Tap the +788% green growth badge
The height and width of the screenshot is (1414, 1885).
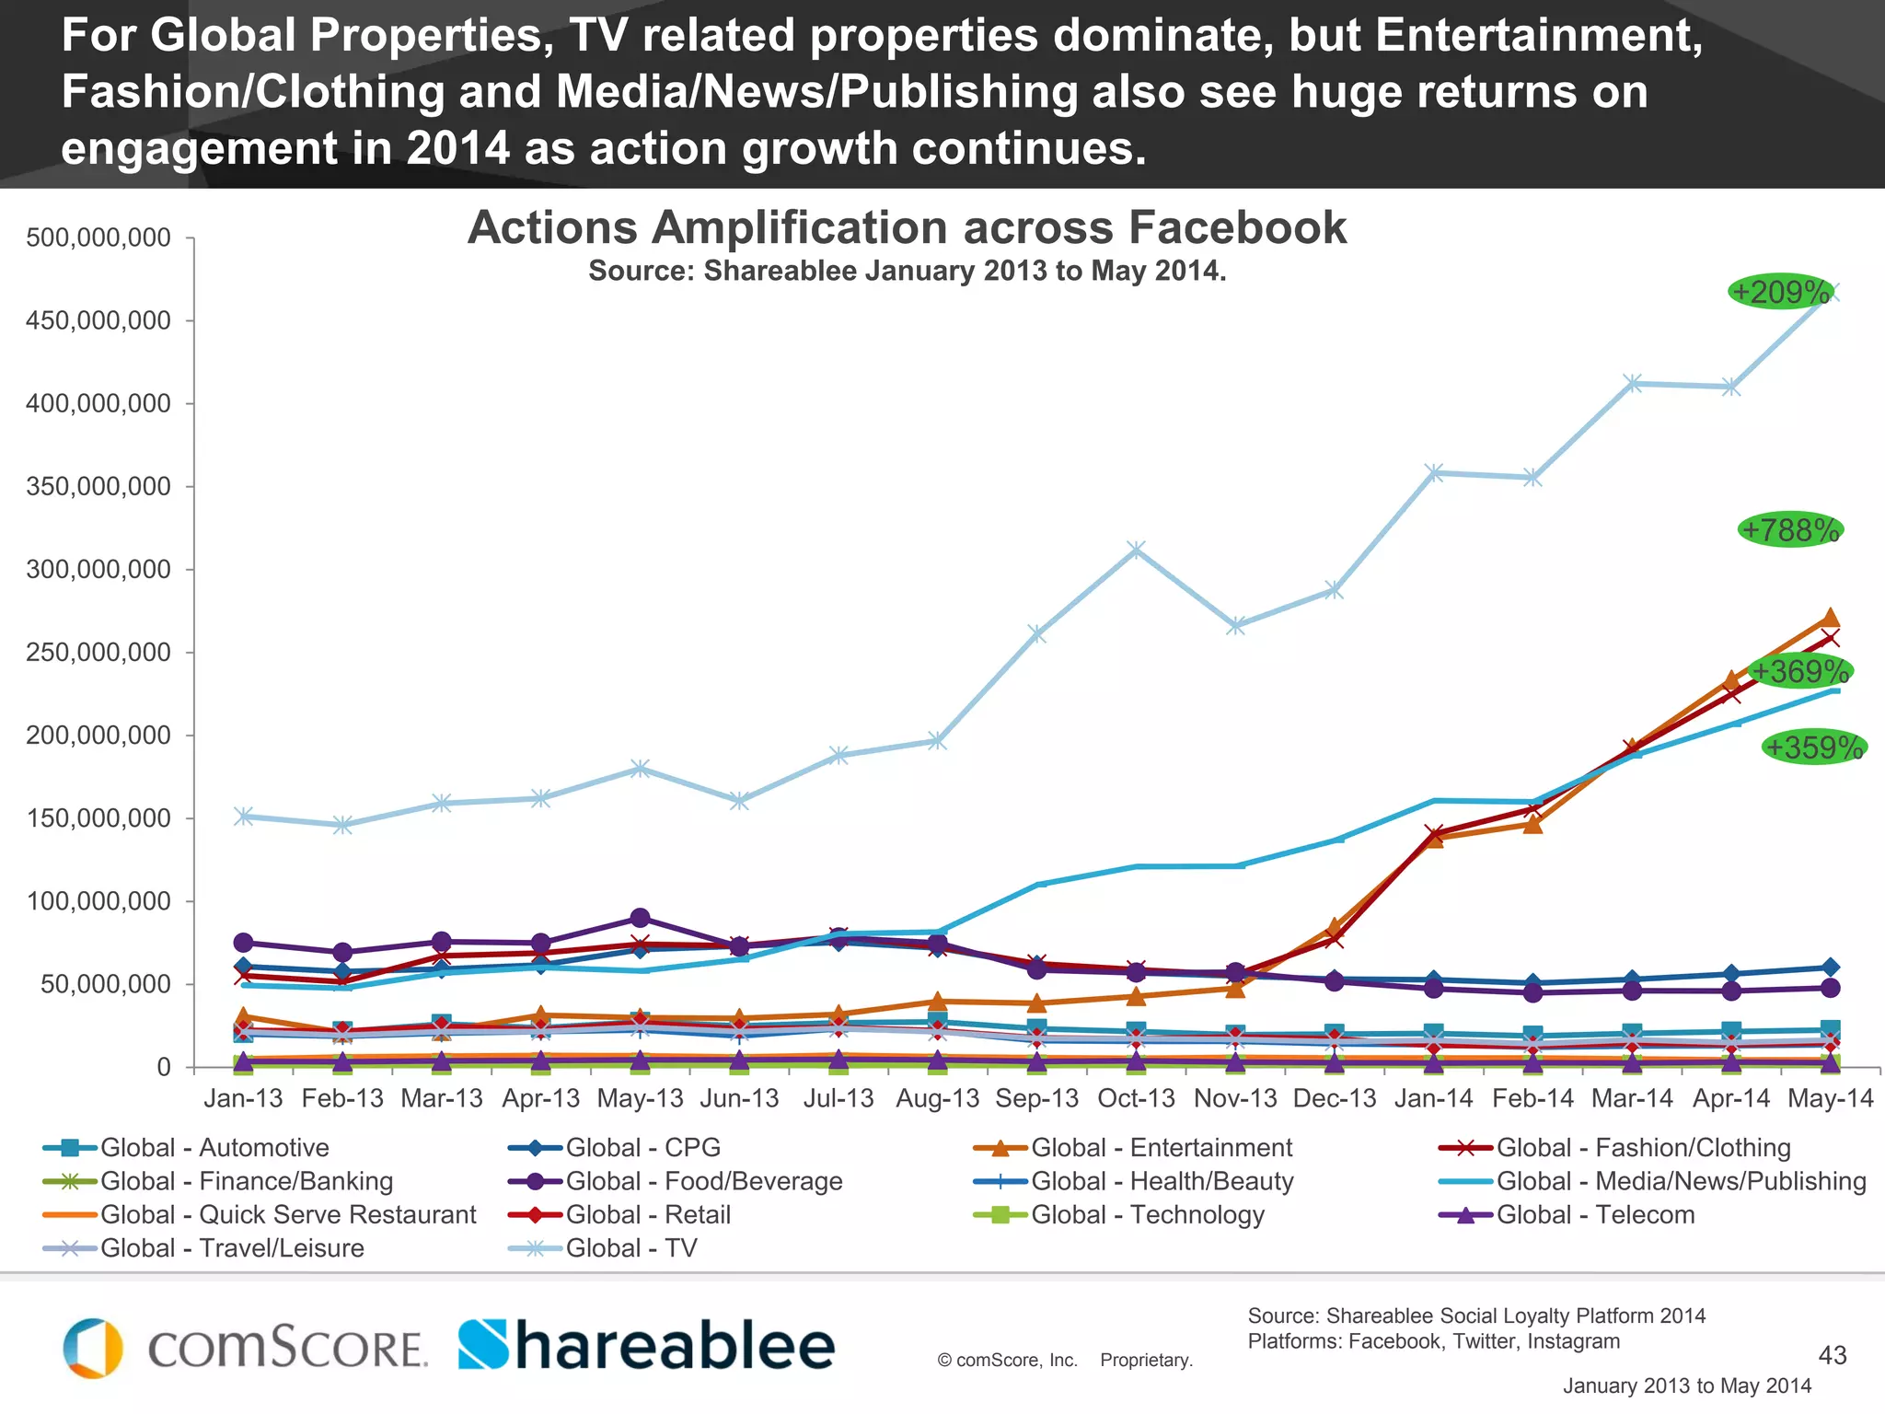click(x=1790, y=530)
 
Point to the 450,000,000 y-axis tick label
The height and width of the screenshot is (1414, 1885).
click(x=98, y=321)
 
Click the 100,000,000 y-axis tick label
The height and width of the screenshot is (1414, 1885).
click(x=98, y=901)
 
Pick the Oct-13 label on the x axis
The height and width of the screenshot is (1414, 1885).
click(x=1136, y=1098)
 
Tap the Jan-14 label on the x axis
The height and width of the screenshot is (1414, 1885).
click(x=1434, y=1098)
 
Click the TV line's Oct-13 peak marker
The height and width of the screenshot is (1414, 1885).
click(x=1136, y=551)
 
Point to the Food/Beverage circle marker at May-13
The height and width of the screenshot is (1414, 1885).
click(x=641, y=919)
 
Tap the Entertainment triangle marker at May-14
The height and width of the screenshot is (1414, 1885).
click(x=1830, y=618)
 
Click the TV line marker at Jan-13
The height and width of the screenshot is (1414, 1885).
click(x=244, y=817)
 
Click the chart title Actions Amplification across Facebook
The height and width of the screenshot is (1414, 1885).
click(x=907, y=227)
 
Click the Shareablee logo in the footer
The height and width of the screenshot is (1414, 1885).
click(x=646, y=1346)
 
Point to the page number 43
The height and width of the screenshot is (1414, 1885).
click(x=1833, y=1355)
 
